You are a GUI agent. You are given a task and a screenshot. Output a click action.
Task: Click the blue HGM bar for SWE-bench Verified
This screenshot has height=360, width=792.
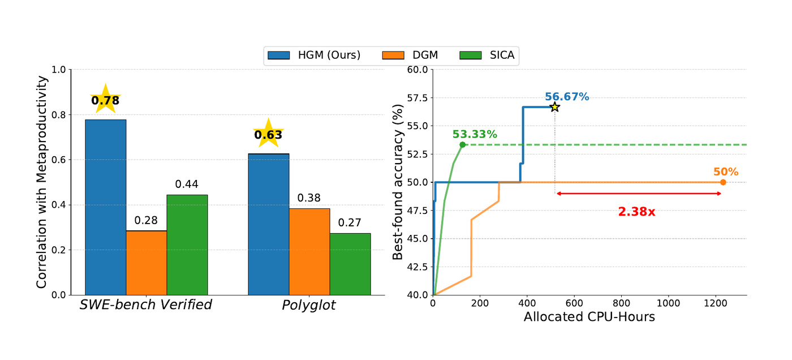(106, 207)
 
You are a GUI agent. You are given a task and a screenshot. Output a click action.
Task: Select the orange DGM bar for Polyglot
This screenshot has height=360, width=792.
(309, 252)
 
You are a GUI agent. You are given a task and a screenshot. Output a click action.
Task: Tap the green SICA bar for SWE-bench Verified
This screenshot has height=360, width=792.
(187, 245)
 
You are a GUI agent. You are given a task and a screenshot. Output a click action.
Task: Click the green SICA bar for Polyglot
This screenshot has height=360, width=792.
(350, 264)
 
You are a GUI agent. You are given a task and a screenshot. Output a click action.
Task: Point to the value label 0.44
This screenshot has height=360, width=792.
(187, 184)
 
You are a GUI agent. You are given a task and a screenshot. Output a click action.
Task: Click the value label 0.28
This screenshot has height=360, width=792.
(146, 221)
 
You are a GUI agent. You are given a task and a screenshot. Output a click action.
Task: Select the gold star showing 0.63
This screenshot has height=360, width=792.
(269, 134)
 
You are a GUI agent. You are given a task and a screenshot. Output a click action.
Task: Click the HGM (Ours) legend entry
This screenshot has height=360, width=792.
(314, 55)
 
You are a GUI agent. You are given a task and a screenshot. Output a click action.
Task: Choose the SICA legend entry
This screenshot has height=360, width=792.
(487, 55)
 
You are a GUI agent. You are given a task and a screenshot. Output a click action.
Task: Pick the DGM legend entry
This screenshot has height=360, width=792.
(410, 55)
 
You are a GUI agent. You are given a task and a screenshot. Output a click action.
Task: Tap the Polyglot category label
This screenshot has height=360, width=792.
(309, 305)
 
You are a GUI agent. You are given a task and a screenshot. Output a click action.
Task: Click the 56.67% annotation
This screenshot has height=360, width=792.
(567, 97)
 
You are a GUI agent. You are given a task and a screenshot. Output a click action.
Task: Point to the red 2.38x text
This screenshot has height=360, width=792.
(636, 212)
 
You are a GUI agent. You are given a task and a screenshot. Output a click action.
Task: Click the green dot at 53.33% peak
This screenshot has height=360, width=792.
(463, 145)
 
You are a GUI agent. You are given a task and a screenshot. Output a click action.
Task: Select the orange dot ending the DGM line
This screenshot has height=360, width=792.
(723, 182)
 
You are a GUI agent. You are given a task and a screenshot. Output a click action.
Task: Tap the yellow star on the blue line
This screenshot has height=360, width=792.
(555, 107)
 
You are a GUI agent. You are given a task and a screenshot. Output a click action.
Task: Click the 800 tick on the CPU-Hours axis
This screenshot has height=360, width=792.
(621, 303)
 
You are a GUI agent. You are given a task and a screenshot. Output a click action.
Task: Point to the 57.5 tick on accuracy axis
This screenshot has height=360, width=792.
(418, 98)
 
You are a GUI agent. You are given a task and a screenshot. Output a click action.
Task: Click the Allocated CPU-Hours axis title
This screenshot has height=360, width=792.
(589, 317)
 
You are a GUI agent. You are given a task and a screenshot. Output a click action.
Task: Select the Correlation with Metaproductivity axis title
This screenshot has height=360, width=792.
(42, 182)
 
